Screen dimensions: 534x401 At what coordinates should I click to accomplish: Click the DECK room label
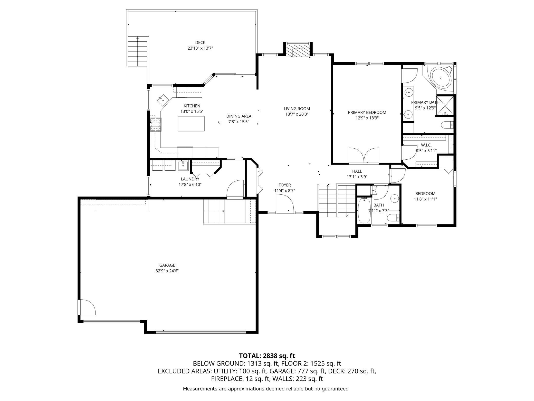coord(200,43)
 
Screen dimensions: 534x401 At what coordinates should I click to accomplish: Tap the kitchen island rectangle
coord(191,124)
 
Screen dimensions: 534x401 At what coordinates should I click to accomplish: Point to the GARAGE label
coord(167,265)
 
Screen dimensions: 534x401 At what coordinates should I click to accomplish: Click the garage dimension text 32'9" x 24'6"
coord(167,271)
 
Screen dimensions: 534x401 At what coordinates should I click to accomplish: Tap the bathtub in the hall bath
coord(364,210)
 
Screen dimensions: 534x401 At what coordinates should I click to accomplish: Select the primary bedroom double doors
coord(364,156)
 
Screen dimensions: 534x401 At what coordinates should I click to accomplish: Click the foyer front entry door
coord(285,203)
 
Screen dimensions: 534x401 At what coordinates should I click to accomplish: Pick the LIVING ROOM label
coord(297,109)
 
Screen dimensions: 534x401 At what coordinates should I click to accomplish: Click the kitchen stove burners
coord(156,124)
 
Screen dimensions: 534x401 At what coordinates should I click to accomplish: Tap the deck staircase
coord(138,51)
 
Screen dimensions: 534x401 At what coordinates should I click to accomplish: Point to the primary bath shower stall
coord(445,106)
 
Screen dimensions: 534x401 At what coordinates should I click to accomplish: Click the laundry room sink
coord(183,166)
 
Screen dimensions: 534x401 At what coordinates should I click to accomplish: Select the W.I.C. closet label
coord(426,145)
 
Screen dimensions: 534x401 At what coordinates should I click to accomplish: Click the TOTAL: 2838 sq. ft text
coord(267,356)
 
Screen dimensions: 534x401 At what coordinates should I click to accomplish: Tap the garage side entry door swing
coord(88,307)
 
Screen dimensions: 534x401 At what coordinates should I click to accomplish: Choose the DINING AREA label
coord(239,116)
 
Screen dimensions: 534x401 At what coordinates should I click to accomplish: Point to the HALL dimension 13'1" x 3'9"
coord(357,177)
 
